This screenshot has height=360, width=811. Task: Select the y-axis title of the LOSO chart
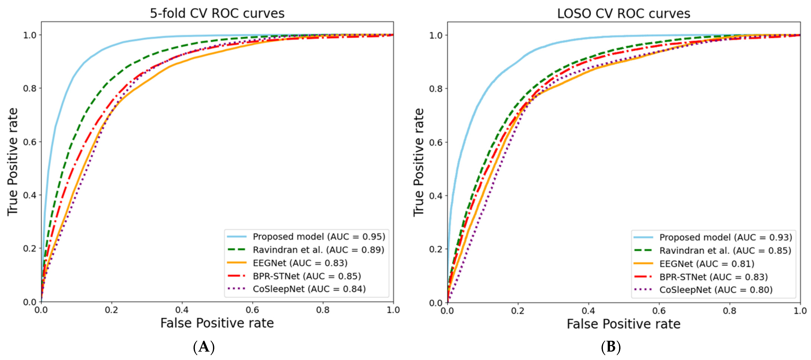point(418,162)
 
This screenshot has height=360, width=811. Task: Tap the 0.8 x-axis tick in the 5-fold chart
point(323,310)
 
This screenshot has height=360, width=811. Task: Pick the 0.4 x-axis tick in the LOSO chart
point(588,311)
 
